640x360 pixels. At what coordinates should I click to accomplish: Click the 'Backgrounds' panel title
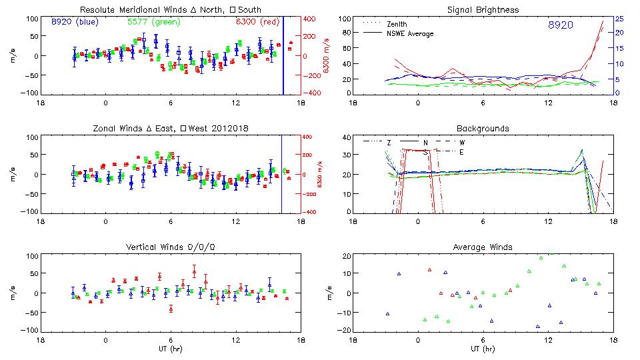pos(483,128)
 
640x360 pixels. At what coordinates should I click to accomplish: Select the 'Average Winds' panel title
pos(483,247)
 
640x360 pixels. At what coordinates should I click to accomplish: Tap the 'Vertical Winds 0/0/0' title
pos(171,247)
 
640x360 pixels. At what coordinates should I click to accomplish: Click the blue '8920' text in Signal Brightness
pos(560,25)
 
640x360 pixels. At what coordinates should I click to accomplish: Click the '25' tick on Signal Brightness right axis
pos(619,19)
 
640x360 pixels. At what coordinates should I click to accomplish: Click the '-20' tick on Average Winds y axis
pos(344,330)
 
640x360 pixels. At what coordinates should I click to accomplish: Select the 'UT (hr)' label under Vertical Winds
pos(170,349)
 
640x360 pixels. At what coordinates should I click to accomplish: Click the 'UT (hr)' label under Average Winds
pos(483,349)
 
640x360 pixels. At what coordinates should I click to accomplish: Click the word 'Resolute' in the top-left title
pos(96,10)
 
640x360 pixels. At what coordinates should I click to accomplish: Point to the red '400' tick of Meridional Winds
pos(311,19)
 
